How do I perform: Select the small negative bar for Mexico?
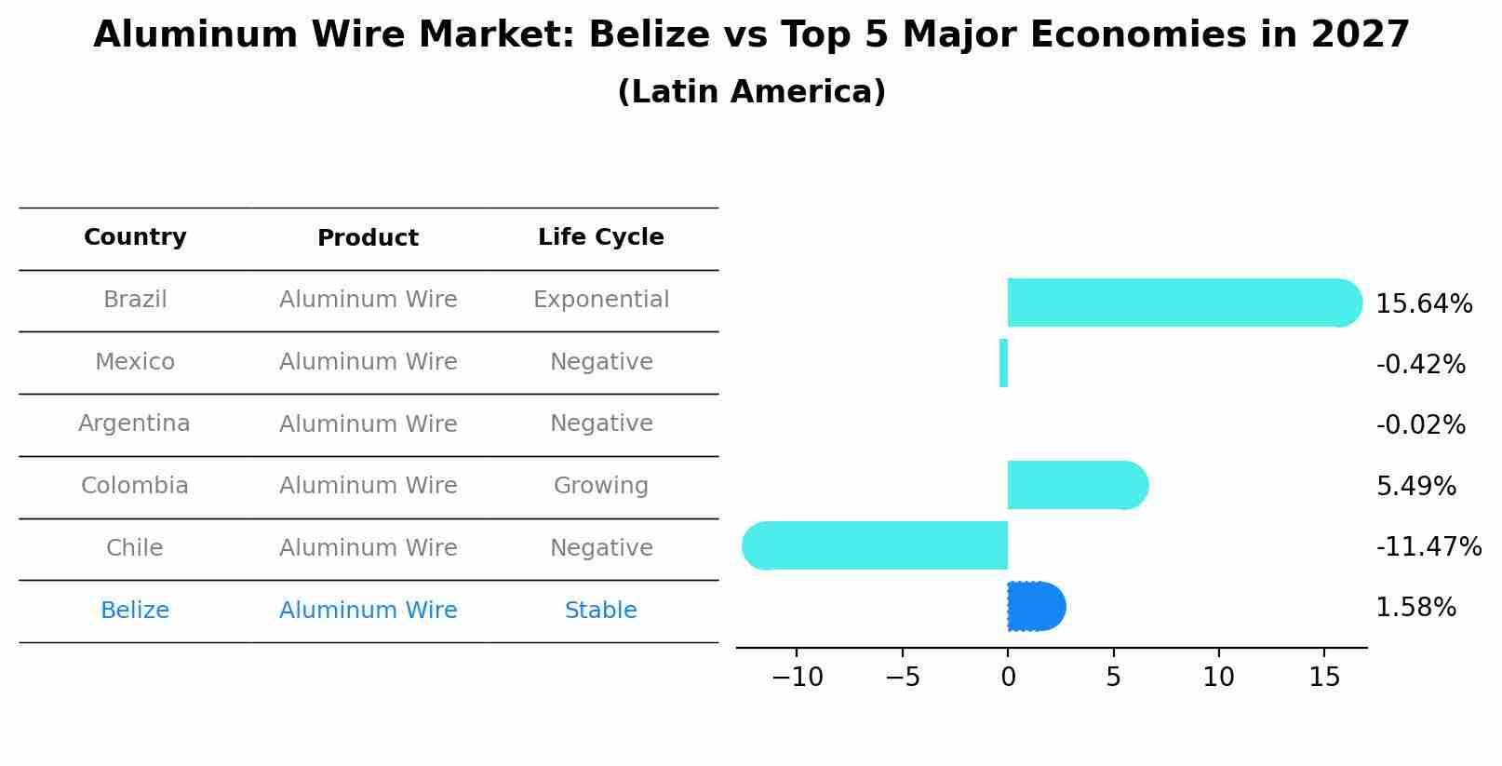click(1003, 363)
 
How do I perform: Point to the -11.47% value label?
click(1428, 546)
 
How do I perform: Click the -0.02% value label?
click(1420, 425)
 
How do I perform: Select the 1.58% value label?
click(1415, 608)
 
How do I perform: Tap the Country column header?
click(135, 237)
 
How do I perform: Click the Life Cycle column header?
click(600, 237)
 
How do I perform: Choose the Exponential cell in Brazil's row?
click(600, 300)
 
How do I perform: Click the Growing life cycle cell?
click(600, 486)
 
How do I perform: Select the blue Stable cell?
click(600, 611)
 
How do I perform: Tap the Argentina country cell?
click(134, 423)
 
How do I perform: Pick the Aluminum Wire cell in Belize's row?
click(368, 611)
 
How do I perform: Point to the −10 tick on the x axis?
click(797, 678)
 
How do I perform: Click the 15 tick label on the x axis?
click(1324, 678)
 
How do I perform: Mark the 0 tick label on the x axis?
click(1008, 678)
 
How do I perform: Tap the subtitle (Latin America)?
click(751, 92)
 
